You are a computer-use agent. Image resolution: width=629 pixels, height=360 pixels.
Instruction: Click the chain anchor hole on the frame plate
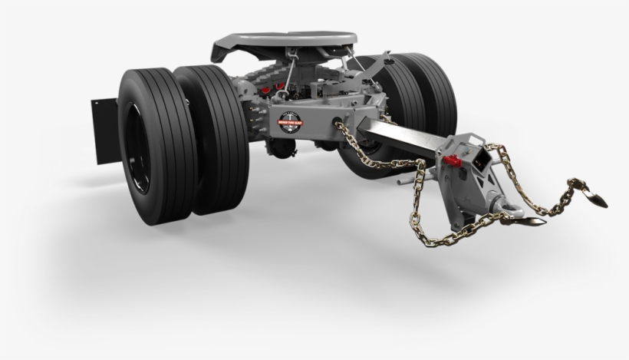tap(338, 122)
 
